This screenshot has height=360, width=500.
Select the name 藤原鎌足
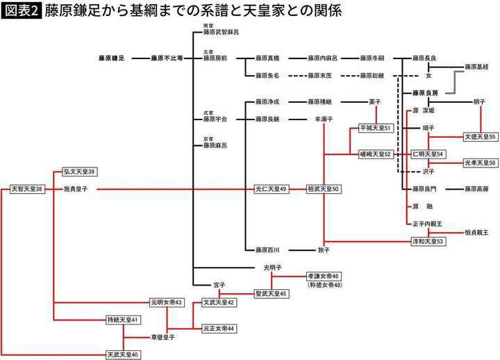(x=111, y=59)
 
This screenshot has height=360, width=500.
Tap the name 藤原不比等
(x=167, y=59)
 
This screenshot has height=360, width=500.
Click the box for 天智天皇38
(x=27, y=188)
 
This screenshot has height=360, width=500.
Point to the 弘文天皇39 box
(x=79, y=171)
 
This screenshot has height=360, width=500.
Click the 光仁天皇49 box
(x=270, y=188)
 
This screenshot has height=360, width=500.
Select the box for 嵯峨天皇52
(x=376, y=154)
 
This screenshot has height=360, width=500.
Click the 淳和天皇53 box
(x=428, y=241)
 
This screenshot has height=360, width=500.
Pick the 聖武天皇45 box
(x=270, y=294)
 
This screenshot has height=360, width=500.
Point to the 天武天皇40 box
(x=123, y=354)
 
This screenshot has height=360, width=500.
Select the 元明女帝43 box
(x=167, y=302)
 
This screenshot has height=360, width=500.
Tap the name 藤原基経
(x=476, y=67)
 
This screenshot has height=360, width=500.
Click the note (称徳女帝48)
(x=324, y=285)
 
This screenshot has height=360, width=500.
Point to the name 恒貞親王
(x=476, y=232)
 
